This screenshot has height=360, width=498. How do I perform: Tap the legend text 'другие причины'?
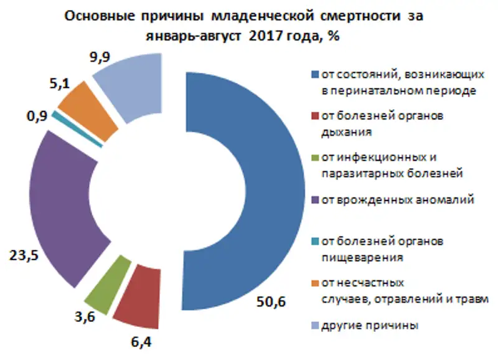click(369, 325)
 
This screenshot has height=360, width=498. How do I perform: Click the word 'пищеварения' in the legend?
click(354, 255)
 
